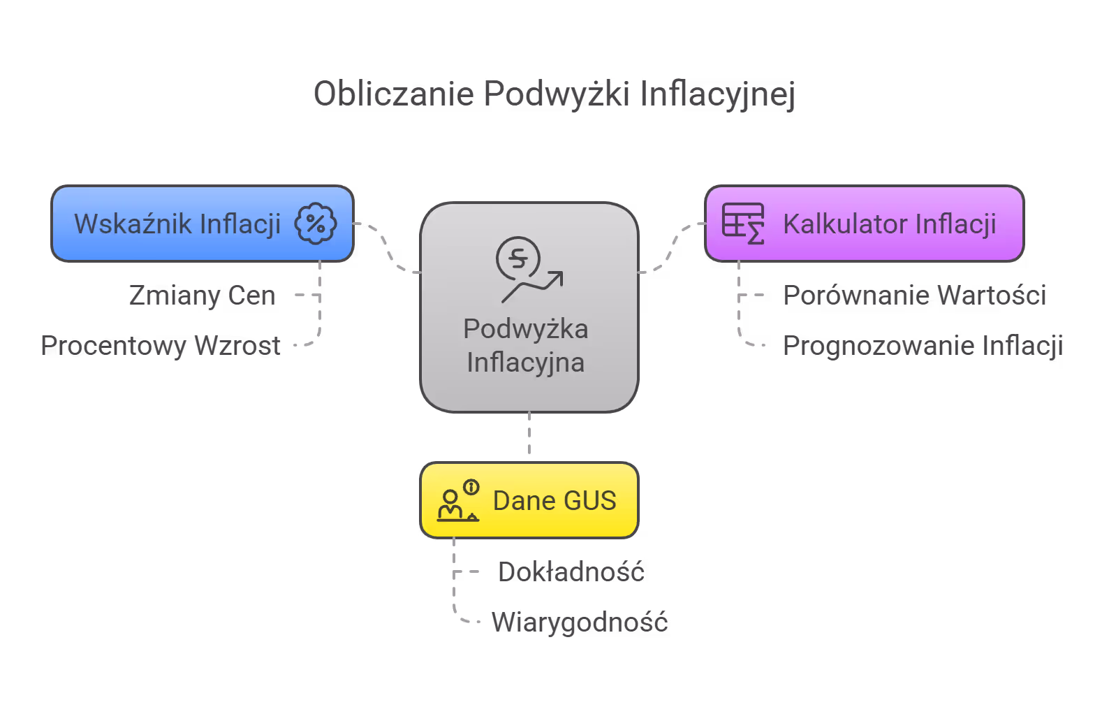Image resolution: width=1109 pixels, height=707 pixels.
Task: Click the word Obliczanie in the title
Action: tap(393, 94)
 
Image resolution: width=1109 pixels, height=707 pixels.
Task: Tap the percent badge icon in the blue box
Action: tap(315, 224)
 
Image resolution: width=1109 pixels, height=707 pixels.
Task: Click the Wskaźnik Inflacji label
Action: tap(177, 224)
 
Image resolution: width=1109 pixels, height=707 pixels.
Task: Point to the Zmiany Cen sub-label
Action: tap(202, 296)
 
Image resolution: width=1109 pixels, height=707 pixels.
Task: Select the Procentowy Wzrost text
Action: tap(161, 346)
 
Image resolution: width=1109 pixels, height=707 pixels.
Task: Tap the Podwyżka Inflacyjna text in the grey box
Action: tap(526, 346)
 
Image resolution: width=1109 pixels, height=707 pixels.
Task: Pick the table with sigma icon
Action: tap(742, 224)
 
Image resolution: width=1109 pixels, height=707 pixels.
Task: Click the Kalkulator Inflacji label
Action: tap(889, 224)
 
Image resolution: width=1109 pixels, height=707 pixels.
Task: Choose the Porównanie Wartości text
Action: tap(914, 296)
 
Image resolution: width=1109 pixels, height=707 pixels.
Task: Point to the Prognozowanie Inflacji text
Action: tap(923, 346)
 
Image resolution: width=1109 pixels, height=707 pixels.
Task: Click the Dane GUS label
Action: tap(554, 501)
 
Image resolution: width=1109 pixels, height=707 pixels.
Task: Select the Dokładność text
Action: tap(571, 572)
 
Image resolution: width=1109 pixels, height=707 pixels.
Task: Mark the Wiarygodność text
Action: tap(579, 622)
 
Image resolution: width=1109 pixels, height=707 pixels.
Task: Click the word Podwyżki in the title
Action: tap(557, 94)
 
